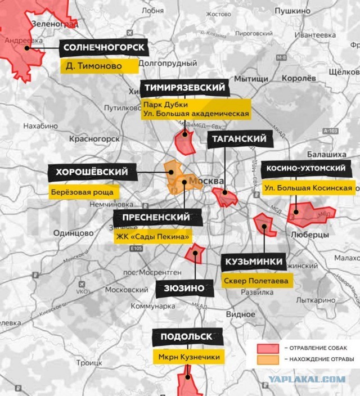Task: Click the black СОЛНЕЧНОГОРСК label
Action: tap(104, 48)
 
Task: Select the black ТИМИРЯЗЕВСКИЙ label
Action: tap(184, 88)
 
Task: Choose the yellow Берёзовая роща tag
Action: tap(84, 192)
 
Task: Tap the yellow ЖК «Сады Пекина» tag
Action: tap(152, 236)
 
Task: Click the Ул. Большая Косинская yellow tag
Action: tap(309, 188)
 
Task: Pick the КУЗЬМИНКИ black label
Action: tap(254, 262)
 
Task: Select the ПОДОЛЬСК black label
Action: tap(186, 336)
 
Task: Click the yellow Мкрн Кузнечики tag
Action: tap(186, 357)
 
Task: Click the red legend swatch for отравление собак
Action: tap(269, 348)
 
